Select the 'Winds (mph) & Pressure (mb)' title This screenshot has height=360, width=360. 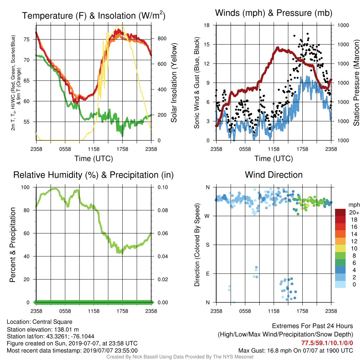pyautogui.click(x=274, y=13)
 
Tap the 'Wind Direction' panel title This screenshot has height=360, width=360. pyautogui.click(x=274, y=175)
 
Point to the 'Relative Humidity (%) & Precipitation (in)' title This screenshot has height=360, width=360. pyautogui.click(x=94, y=175)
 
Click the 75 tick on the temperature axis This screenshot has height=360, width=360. pyautogui.click(x=26, y=39)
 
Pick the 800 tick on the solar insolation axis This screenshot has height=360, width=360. pyautogui.click(x=162, y=39)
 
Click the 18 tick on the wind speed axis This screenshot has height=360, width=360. pyautogui.click(x=207, y=25)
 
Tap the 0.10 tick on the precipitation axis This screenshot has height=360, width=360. pyautogui.click(x=163, y=187)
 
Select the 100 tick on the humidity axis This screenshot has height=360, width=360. pyautogui.click(x=25, y=187)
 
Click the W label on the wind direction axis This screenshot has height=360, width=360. pyautogui.click(x=207, y=216)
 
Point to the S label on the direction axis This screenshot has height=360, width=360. pyautogui.click(x=207, y=245)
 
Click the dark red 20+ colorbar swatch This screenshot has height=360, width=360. pyautogui.click(x=340, y=212)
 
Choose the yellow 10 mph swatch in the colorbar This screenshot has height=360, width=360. pyautogui.click(x=340, y=249)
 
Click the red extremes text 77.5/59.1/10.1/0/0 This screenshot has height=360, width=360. pyautogui.click(x=327, y=343)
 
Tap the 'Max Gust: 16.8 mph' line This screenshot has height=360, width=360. pyautogui.click(x=295, y=351)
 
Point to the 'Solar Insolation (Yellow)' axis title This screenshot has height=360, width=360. pyautogui.click(x=174, y=83)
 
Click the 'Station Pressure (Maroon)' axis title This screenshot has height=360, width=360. pyautogui.click(x=356, y=83)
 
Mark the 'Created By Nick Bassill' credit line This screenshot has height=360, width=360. pyautogui.click(x=180, y=357)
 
